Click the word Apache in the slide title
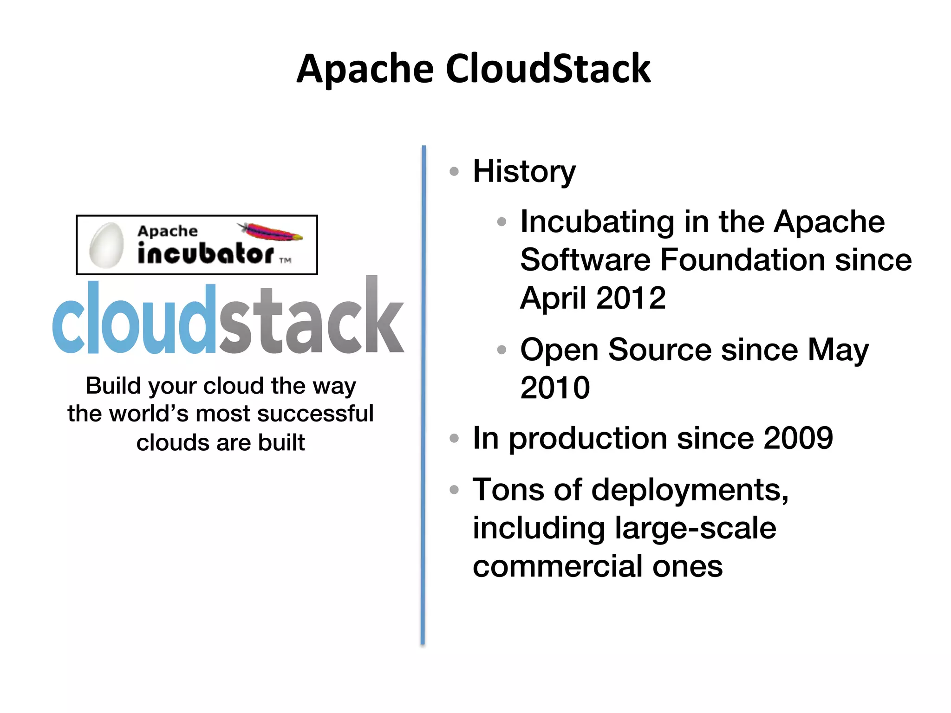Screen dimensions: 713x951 click(365, 70)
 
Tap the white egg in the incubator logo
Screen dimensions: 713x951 click(106, 245)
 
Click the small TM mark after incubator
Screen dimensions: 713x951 click(285, 260)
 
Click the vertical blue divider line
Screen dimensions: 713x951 click(423, 395)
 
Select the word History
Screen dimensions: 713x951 click(524, 171)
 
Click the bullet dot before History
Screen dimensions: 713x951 click(454, 171)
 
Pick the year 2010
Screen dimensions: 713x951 click(555, 388)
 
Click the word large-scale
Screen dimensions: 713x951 click(695, 528)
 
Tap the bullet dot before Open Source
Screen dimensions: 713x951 click(502, 350)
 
